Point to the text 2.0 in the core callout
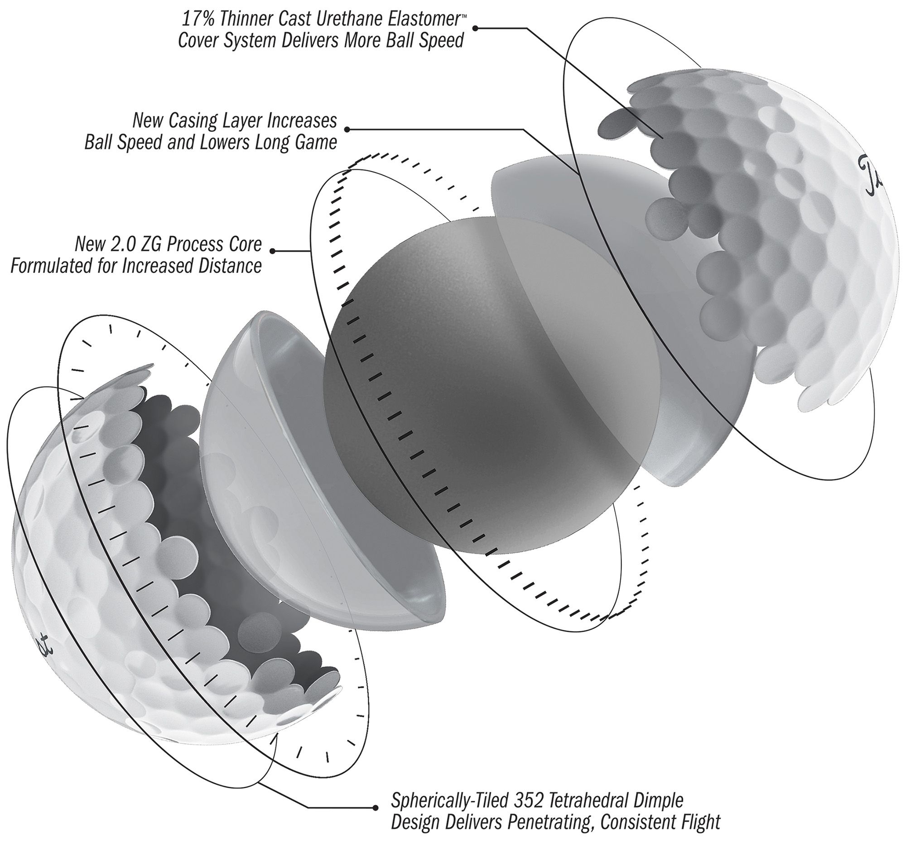[x=126, y=244]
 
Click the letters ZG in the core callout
[x=154, y=244]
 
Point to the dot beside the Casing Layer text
[x=347, y=129]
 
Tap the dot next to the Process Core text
[x=273, y=251]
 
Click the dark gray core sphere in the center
[x=456, y=401]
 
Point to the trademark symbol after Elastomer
[x=464, y=14]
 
